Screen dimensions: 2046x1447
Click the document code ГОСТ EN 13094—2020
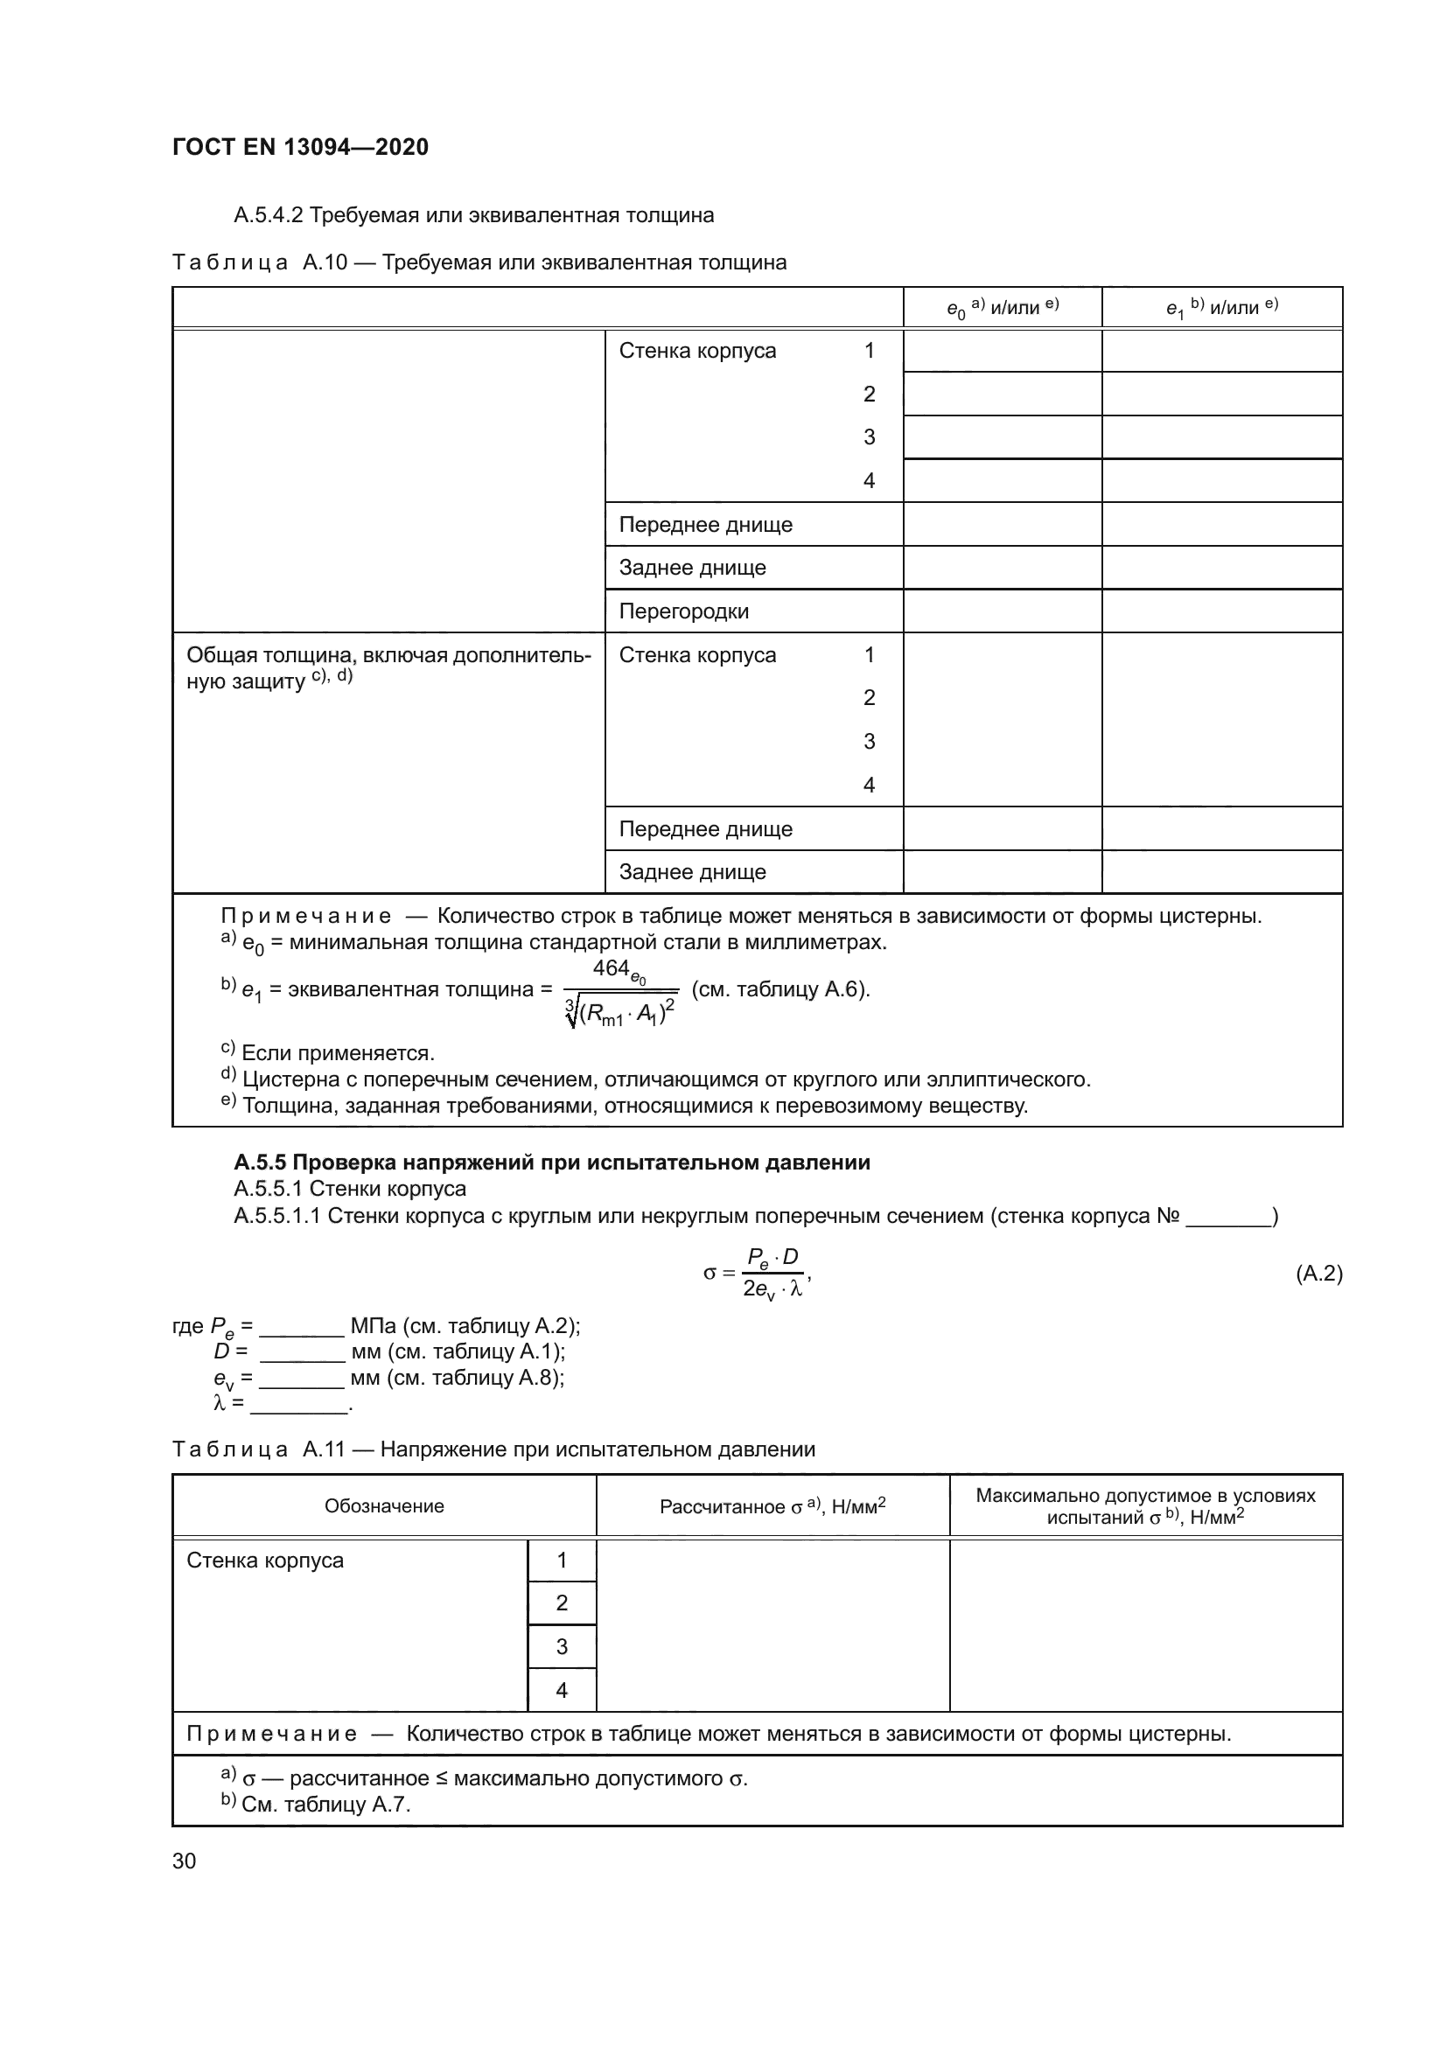point(300,147)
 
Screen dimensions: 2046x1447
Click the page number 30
point(185,1861)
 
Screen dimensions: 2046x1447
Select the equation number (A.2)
point(1318,1274)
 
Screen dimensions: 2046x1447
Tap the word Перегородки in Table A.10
point(683,611)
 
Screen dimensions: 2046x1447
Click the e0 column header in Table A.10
point(1002,307)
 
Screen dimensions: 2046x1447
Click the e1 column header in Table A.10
point(1221,307)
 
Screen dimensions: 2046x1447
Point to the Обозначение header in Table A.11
point(384,1506)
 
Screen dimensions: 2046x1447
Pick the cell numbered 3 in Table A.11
point(562,1647)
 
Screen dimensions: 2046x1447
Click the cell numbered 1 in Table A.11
point(562,1561)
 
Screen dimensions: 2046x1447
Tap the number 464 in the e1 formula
point(612,969)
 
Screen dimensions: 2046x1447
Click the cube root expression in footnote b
point(620,1012)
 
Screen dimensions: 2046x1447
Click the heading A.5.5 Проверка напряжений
point(551,1163)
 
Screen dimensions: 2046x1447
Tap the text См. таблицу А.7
point(325,1805)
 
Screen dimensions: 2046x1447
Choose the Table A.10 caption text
point(479,263)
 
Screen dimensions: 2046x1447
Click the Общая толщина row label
point(388,667)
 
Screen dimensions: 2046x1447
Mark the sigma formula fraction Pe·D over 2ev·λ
point(772,1274)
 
